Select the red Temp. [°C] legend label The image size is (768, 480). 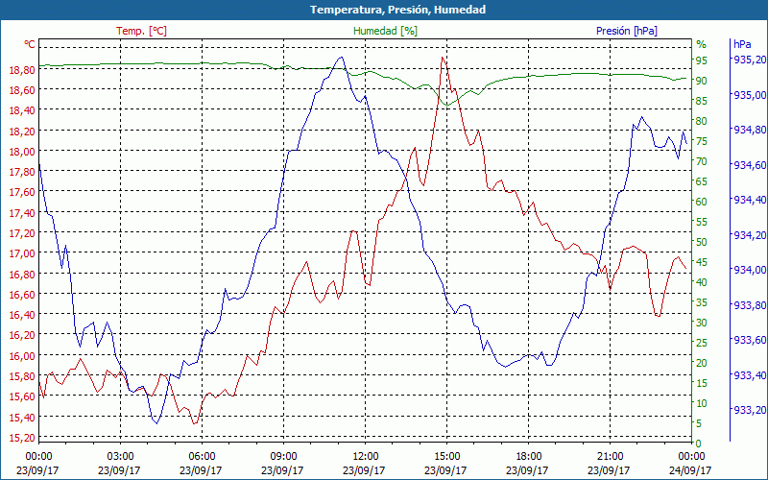[141, 31]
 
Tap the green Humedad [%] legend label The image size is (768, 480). [386, 31]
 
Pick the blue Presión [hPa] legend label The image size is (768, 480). [627, 31]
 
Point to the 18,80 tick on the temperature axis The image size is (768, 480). [21, 70]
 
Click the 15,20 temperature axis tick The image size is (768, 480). [21, 438]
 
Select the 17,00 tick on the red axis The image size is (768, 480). [21, 253]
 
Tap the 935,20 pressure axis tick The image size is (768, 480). [749, 60]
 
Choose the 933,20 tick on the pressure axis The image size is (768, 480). [749, 410]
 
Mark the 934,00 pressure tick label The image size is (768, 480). [749, 270]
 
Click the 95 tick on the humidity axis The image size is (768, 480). [702, 60]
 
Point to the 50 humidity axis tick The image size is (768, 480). [702, 242]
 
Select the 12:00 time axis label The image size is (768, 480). [365, 455]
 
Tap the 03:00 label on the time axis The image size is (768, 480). [119, 455]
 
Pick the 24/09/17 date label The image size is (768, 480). [691, 470]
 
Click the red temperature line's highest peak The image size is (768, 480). [443, 58]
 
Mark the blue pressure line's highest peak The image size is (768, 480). [340, 58]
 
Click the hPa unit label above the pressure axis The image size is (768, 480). [741, 44]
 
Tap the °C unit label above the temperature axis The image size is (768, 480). [30, 44]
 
